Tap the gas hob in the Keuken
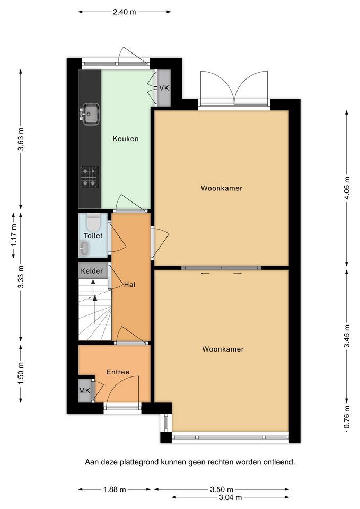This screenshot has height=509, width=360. click(x=90, y=177)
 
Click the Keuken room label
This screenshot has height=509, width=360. click(x=126, y=139)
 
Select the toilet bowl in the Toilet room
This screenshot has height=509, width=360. click(x=93, y=221)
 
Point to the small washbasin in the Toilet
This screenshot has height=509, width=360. click(x=83, y=248)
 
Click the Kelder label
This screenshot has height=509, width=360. click(x=92, y=271)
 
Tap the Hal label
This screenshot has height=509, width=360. click(x=129, y=285)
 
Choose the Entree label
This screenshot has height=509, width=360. click(x=118, y=372)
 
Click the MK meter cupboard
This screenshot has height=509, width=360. click(x=85, y=391)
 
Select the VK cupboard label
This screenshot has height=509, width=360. click(x=164, y=88)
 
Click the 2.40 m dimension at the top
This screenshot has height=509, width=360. click(x=124, y=12)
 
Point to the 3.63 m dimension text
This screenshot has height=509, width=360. click(x=21, y=139)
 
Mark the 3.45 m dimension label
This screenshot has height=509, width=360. click(x=347, y=336)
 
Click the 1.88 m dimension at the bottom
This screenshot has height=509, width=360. click(x=115, y=489)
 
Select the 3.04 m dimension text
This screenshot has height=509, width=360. click(x=230, y=497)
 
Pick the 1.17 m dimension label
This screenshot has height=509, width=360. click(x=13, y=235)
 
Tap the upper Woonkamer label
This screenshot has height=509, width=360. click(x=222, y=188)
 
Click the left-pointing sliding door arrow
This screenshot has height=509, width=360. click(x=206, y=274)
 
